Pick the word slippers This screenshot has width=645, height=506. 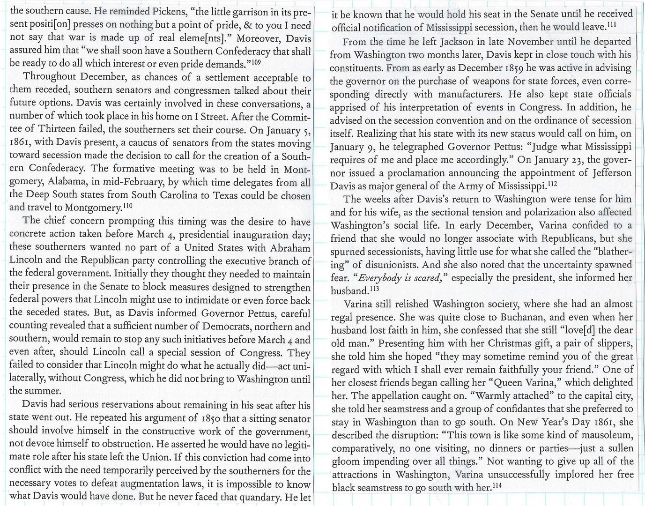pos(613,343)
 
